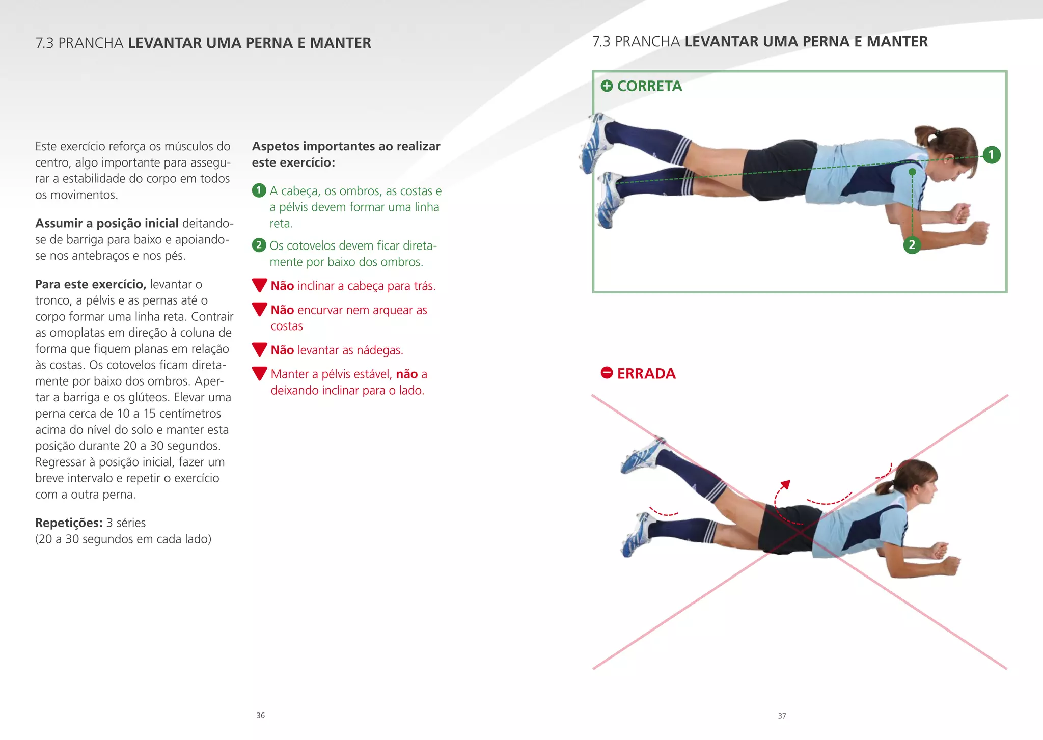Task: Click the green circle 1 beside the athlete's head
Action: (991, 154)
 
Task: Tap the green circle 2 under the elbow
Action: (912, 245)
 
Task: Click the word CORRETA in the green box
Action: (649, 86)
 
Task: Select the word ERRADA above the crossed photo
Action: (646, 374)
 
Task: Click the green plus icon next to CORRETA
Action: (607, 86)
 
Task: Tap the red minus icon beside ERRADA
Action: (607, 373)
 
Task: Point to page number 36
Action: (261, 716)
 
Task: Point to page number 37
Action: (782, 716)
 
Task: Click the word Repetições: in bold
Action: (69, 523)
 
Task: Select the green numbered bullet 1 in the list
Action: (259, 190)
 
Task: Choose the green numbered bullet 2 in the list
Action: (259, 245)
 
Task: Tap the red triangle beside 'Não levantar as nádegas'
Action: (260, 349)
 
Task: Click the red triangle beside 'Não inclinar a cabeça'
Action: (260, 285)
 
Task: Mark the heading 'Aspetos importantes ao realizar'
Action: (346, 147)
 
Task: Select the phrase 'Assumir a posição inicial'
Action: (107, 223)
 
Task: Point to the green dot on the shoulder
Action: (912, 172)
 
